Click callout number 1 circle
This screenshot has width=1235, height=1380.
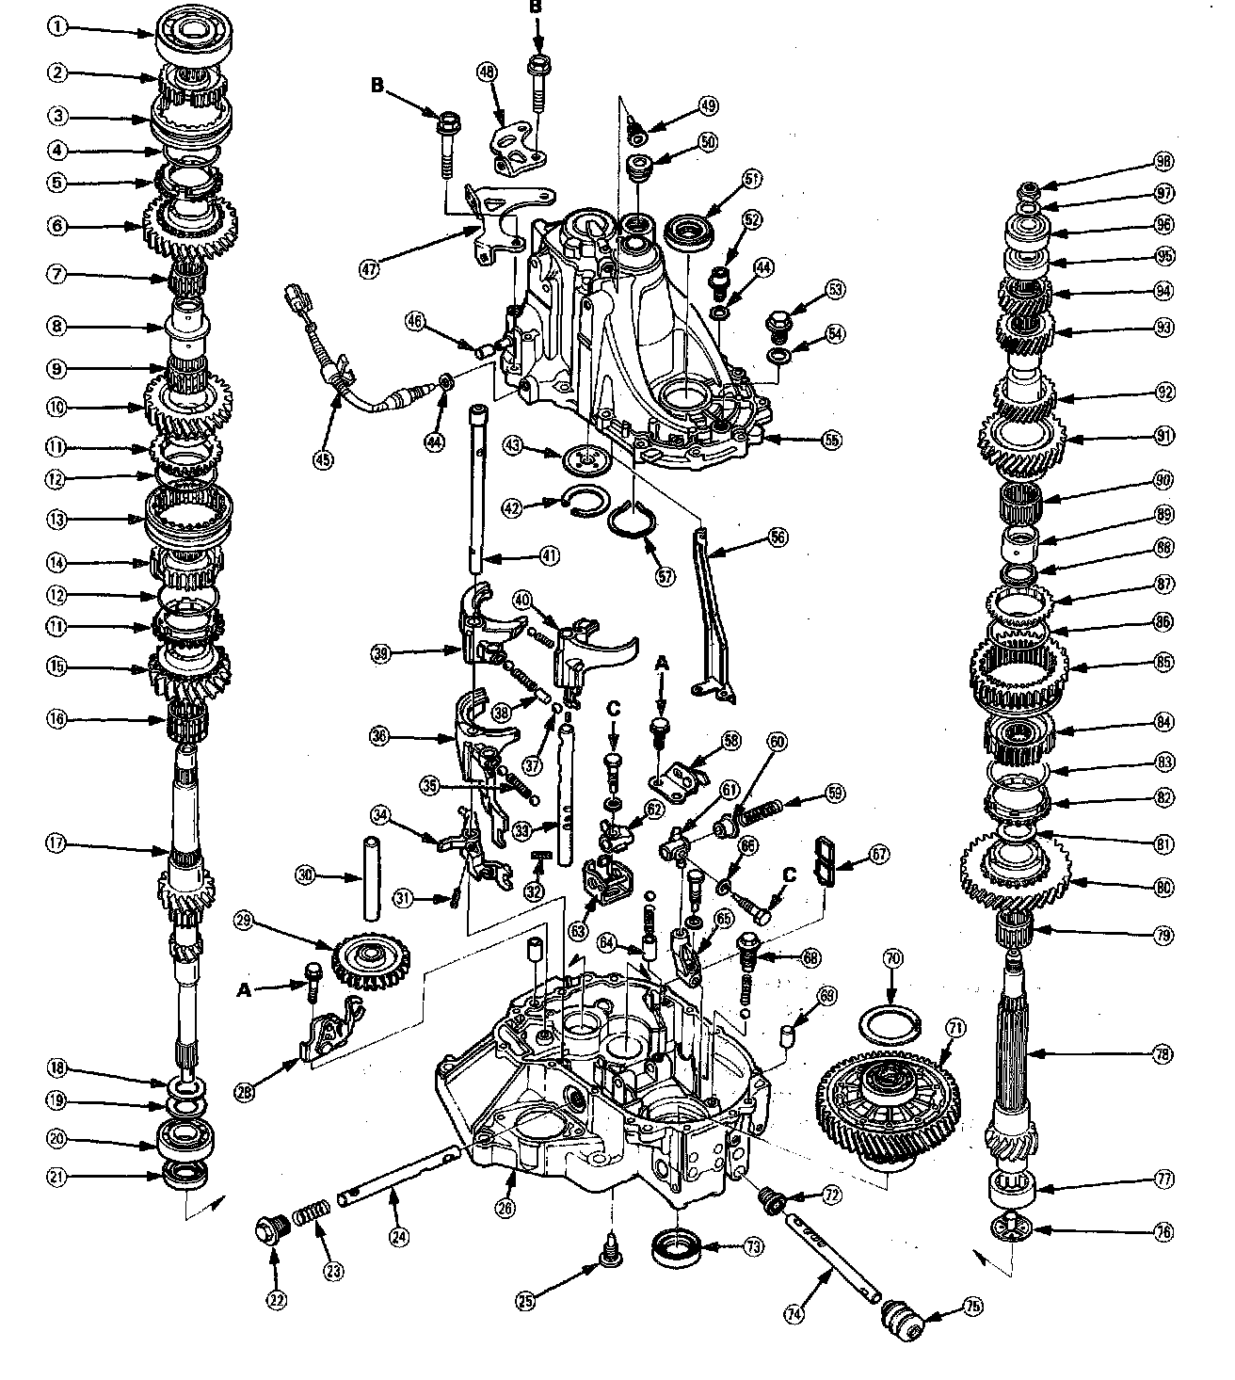tap(58, 27)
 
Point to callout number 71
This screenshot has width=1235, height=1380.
tap(956, 1029)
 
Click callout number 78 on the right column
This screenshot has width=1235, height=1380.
tap(1163, 1054)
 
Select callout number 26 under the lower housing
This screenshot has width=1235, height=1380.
tap(505, 1208)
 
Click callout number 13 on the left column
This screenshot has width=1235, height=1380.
tap(58, 519)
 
